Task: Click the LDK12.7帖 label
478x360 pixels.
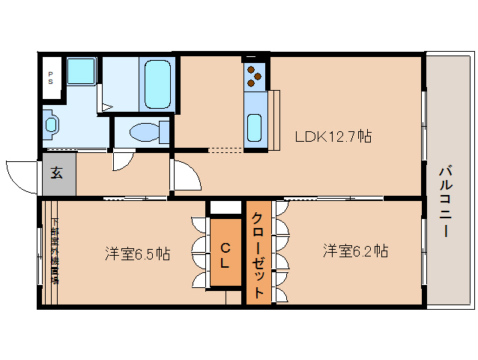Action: pyautogui.click(x=333, y=136)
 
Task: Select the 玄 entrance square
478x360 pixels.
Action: pyautogui.click(x=58, y=173)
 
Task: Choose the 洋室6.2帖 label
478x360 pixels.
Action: pyautogui.click(x=355, y=250)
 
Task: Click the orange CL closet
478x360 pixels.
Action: pyautogui.click(x=225, y=251)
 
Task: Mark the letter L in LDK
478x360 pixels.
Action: pyautogui.click(x=300, y=136)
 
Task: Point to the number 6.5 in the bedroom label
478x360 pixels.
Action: pyautogui.click(x=144, y=253)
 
